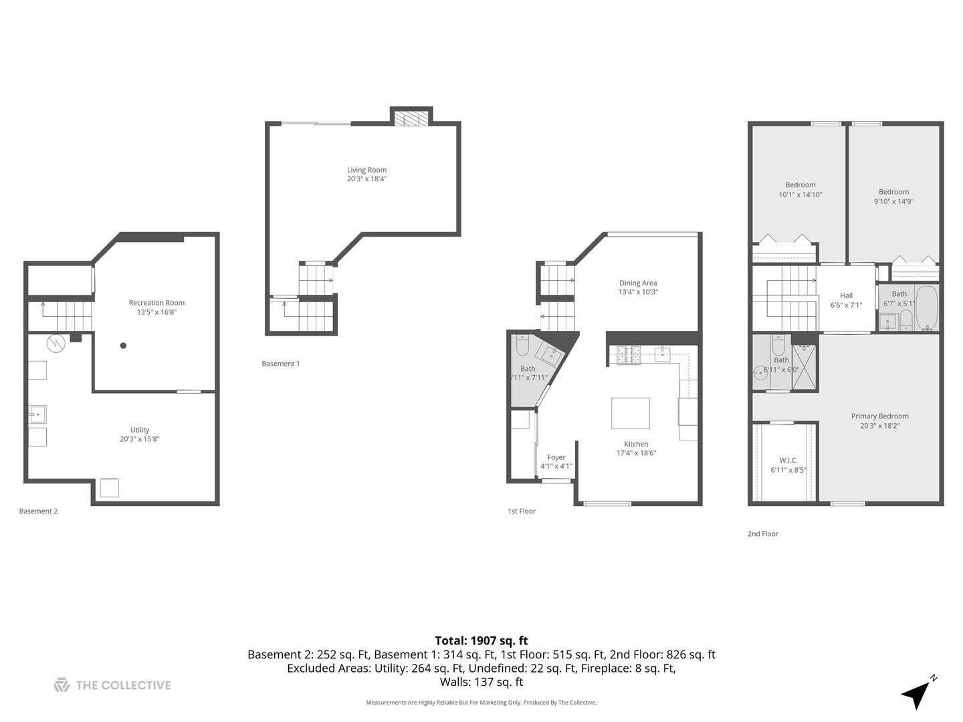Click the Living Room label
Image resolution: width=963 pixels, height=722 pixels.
366,170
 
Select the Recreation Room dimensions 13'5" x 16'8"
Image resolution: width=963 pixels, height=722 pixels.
156,312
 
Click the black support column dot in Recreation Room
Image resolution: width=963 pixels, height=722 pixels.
123,346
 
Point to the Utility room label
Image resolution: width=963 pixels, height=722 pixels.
140,430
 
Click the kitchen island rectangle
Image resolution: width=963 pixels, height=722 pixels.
630,413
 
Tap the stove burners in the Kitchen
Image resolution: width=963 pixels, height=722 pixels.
628,354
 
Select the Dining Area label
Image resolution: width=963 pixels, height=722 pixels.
637,283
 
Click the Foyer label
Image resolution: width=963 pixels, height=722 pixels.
556,457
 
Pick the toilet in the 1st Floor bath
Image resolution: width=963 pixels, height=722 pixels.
523,345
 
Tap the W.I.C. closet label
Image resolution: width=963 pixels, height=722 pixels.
788,460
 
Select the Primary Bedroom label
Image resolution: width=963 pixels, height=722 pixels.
879,416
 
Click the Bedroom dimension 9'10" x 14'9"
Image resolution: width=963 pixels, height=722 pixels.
893,201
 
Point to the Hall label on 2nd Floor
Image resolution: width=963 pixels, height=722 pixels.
846,295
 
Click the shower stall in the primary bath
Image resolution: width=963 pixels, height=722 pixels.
805,366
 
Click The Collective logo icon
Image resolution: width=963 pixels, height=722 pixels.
62,685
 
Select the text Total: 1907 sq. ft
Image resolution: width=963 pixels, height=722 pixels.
481,640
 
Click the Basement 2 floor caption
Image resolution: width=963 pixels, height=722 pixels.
38,511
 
